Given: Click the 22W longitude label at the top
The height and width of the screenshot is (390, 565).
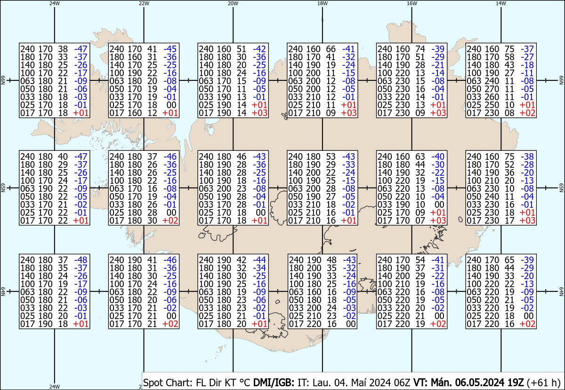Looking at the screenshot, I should (144, 3).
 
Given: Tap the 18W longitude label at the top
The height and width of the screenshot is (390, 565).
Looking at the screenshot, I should (323, 3).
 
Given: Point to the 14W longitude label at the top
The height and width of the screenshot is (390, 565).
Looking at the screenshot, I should (501, 3).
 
